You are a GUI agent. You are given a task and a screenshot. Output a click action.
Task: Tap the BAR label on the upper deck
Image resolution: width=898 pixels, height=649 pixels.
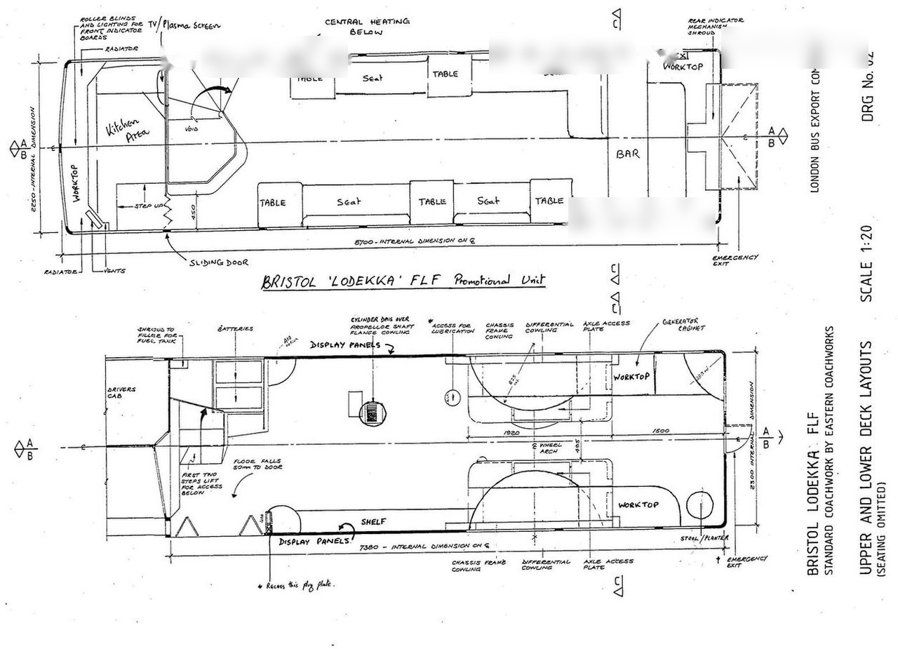(x=627, y=153)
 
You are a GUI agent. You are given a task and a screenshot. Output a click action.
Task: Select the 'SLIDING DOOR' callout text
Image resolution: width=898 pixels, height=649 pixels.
(x=218, y=262)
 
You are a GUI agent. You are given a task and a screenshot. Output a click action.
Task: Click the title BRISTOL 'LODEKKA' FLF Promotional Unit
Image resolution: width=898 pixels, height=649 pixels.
(x=403, y=281)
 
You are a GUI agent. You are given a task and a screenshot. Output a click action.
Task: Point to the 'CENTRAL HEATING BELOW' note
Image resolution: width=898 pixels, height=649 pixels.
(x=366, y=27)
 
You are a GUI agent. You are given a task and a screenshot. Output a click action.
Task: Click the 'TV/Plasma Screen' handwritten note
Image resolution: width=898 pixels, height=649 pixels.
(x=189, y=25)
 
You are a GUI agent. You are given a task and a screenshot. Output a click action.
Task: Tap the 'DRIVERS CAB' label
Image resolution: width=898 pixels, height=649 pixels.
(x=121, y=393)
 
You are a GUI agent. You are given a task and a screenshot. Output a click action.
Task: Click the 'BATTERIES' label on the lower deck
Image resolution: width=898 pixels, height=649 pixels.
(x=235, y=328)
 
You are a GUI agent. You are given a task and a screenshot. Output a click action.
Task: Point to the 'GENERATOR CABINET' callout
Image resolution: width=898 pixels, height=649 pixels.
(x=683, y=325)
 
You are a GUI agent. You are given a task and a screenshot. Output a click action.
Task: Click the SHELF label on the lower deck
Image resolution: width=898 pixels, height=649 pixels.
(x=374, y=521)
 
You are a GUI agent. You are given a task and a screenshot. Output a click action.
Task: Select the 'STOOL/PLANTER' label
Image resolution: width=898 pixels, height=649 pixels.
(x=704, y=538)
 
